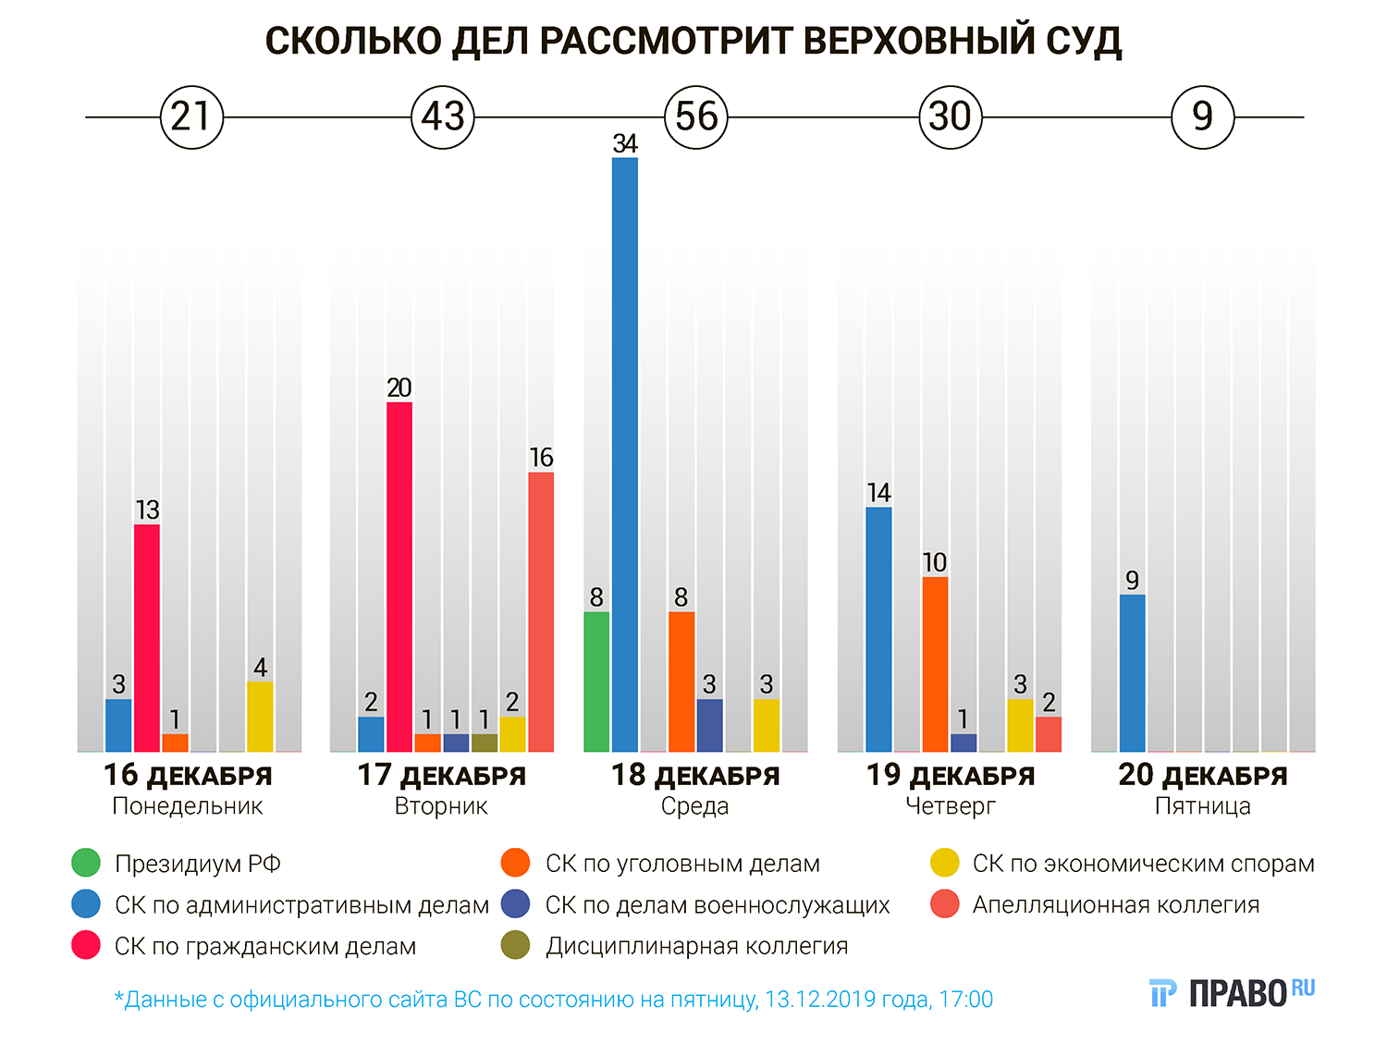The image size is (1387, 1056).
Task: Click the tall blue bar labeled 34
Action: [x=625, y=454]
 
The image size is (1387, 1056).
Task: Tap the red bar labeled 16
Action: [x=541, y=611]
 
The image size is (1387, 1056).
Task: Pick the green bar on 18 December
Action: [x=596, y=681]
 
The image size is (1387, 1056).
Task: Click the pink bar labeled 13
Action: [x=147, y=638]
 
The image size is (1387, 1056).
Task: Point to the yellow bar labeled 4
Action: [x=260, y=717]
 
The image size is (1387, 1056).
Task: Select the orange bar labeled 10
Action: [x=935, y=664]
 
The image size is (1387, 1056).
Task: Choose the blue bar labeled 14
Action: [x=878, y=629]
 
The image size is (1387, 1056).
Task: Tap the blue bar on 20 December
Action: [x=1132, y=672]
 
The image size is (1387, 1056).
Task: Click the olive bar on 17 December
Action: [x=484, y=743]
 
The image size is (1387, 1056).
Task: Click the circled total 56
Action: [x=696, y=117]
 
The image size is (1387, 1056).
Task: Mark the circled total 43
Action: [x=443, y=117]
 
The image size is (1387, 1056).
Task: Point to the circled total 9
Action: [x=1202, y=117]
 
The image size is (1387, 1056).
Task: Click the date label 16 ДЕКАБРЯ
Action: [x=188, y=775]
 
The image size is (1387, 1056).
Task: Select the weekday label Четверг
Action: [x=950, y=806]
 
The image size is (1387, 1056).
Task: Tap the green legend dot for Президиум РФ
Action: [x=85, y=864]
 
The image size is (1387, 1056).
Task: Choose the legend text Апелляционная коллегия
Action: [x=1115, y=904]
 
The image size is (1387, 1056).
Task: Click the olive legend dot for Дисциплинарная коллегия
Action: [x=515, y=946]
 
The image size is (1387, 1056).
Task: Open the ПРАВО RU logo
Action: [x=1232, y=992]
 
